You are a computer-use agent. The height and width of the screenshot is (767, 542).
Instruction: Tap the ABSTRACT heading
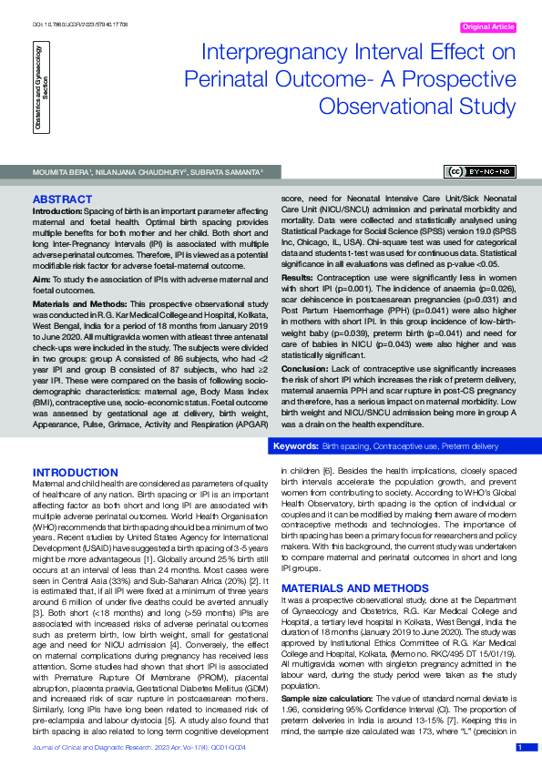point(61,199)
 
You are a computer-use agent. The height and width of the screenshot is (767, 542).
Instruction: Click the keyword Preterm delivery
point(470,447)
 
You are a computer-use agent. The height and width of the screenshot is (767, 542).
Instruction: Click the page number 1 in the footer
point(519,747)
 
